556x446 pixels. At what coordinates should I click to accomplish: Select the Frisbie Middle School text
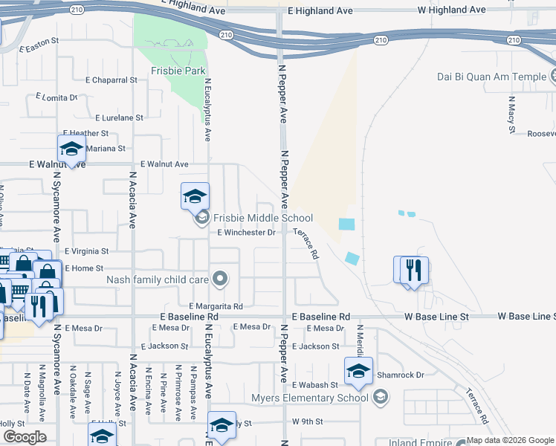(x=263, y=218)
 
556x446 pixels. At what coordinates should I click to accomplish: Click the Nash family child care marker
(x=219, y=279)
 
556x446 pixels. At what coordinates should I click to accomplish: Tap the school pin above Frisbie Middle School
(x=195, y=196)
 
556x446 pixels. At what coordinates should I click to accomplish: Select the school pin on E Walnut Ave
(x=71, y=149)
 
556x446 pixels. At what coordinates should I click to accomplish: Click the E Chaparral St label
(x=111, y=80)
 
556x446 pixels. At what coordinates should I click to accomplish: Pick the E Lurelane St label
(x=119, y=117)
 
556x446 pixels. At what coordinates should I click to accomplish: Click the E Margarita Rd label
(x=216, y=306)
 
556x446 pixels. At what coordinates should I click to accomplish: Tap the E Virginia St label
(x=86, y=252)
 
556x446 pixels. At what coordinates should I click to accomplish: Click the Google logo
(x=25, y=437)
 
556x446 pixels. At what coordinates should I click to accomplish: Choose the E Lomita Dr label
(x=56, y=97)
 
